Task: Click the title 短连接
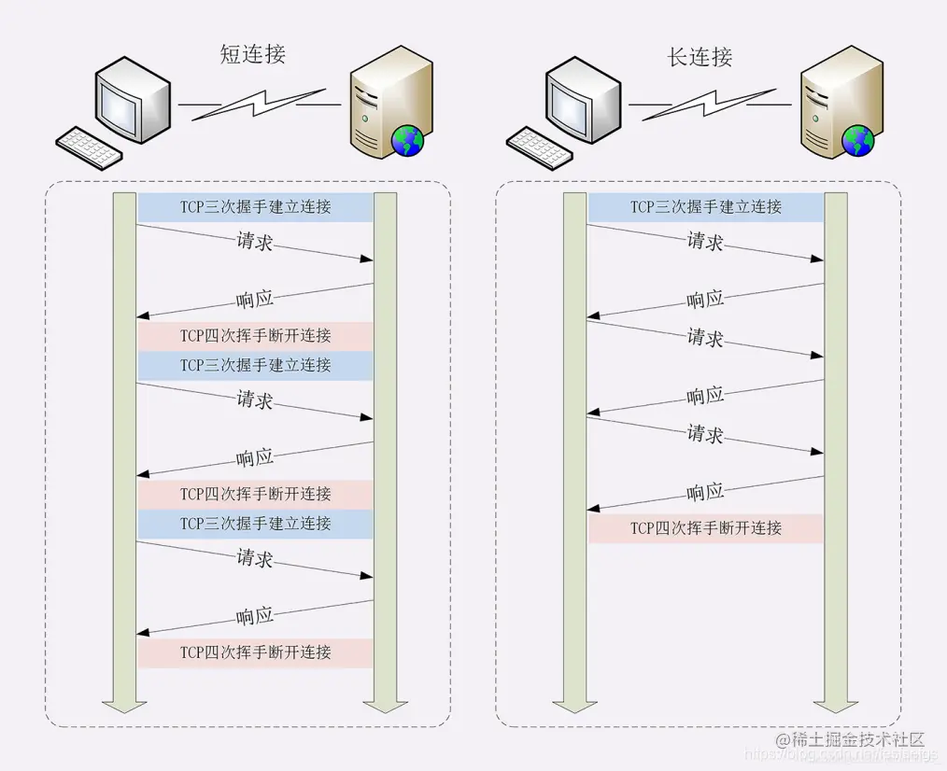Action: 252,55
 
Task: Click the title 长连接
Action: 700,57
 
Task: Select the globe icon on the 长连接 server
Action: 856,141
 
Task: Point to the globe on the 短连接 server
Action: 407,141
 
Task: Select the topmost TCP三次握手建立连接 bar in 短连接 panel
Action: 255,207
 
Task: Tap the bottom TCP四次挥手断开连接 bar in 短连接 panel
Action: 255,652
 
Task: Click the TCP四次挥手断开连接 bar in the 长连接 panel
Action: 705,528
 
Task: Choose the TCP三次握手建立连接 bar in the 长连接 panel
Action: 705,207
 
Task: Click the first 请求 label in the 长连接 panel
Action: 705,242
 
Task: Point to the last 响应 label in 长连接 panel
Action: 705,492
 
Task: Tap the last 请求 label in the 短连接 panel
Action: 255,559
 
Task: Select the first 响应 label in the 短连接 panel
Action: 255,300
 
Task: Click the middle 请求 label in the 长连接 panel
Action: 705,338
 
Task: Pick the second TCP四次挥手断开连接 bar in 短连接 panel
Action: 255,494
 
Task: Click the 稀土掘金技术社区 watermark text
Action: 857,739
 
